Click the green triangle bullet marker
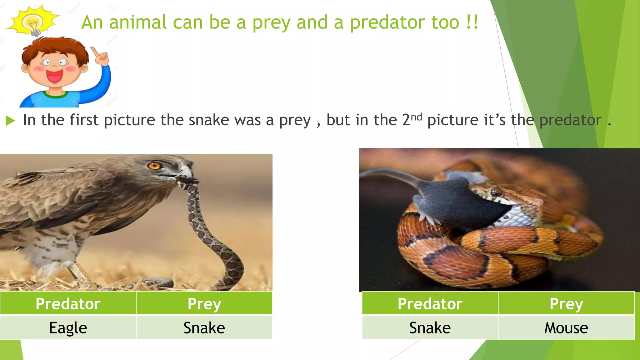point(10,121)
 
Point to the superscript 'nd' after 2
point(416,117)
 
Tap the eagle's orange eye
point(153,166)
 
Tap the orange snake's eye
point(495,192)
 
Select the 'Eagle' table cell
point(68,328)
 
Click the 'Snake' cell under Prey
point(204,328)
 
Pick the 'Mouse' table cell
point(566,328)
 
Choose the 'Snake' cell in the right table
point(430,328)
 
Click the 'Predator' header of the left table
point(68,303)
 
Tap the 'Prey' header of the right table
point(566,303)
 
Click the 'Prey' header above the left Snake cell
point(204,303)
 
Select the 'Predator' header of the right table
point(430,303)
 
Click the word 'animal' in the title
point(137,22)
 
